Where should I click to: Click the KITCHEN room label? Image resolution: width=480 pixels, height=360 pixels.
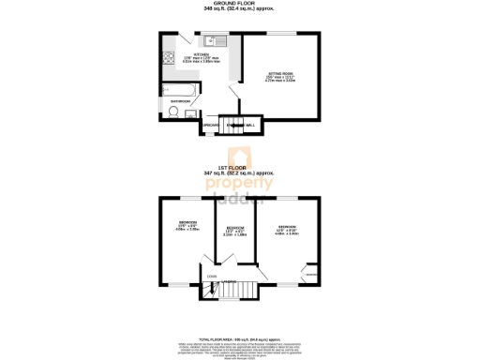(x=202, y=55)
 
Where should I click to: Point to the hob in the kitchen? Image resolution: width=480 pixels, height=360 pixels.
(x=171, y=57)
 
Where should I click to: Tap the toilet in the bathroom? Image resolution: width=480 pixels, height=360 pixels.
(x=173, y=112)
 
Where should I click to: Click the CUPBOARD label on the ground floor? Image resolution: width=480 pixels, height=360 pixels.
(x=211, y=125)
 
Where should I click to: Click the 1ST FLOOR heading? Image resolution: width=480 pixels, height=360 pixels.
(x=239, y=169)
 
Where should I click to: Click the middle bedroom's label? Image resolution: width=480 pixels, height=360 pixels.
(x=235, y=228)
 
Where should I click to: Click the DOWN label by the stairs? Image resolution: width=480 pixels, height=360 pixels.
(x=212, y=277)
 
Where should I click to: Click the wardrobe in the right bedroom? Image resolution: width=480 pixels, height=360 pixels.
(x=309, y=274)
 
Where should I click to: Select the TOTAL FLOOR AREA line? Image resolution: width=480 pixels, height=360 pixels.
(x=239, y=337)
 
